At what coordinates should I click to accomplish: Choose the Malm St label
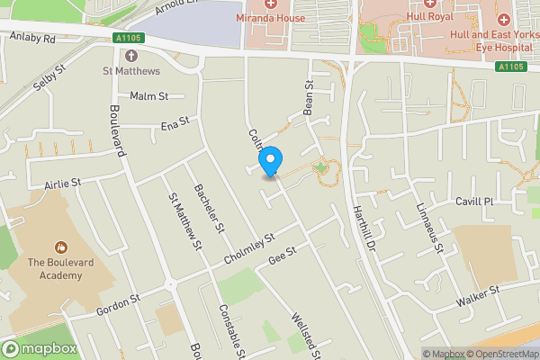(149, 95)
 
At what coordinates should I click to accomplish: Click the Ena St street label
(175, 123)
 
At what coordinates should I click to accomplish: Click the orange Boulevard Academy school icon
(61, 246)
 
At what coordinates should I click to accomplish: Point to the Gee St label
(282, 257)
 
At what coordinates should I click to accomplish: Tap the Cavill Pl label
(475, 202)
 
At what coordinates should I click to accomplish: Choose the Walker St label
(477, 297)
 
